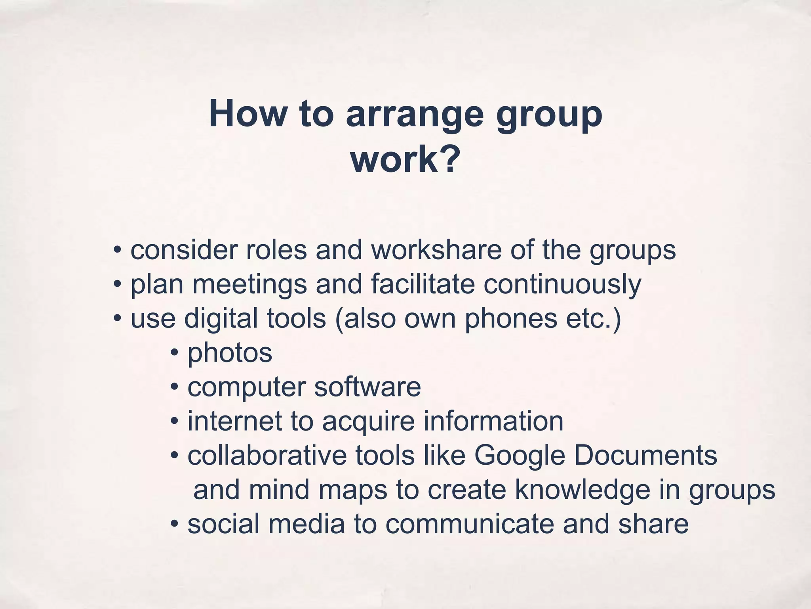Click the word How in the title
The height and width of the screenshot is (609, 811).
(247, 114)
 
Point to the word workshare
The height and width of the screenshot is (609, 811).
(436, 250)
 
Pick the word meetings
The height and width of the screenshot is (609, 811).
(249, 285)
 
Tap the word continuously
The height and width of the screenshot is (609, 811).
(562, 285)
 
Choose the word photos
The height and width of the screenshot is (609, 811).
(230, 353)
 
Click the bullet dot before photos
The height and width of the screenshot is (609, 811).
(174, 353)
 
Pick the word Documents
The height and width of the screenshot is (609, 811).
(645, 456)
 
